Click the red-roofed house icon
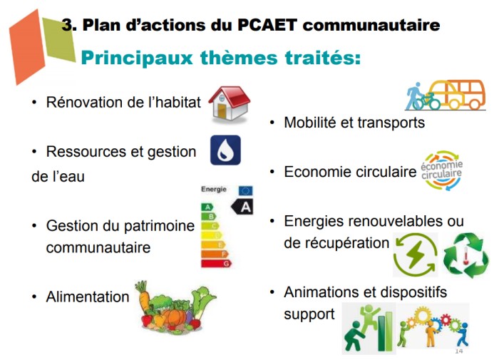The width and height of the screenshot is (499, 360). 230,104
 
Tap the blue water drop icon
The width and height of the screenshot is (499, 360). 226,150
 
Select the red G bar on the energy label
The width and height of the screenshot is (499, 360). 217,264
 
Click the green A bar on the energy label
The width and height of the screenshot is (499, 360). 207,207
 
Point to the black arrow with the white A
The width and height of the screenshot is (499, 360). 242,207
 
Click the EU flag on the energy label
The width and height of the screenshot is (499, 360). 246,190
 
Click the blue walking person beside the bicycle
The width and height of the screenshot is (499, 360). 413,96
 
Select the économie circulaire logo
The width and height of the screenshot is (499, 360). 441,170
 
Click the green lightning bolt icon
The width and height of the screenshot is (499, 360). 416,254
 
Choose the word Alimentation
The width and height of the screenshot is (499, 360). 88,297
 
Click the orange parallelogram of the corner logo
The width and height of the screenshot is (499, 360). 27,48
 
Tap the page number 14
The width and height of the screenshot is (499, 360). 458,351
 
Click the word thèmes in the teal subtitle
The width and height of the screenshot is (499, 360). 239,58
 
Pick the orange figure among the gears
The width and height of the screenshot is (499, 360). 431,333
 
